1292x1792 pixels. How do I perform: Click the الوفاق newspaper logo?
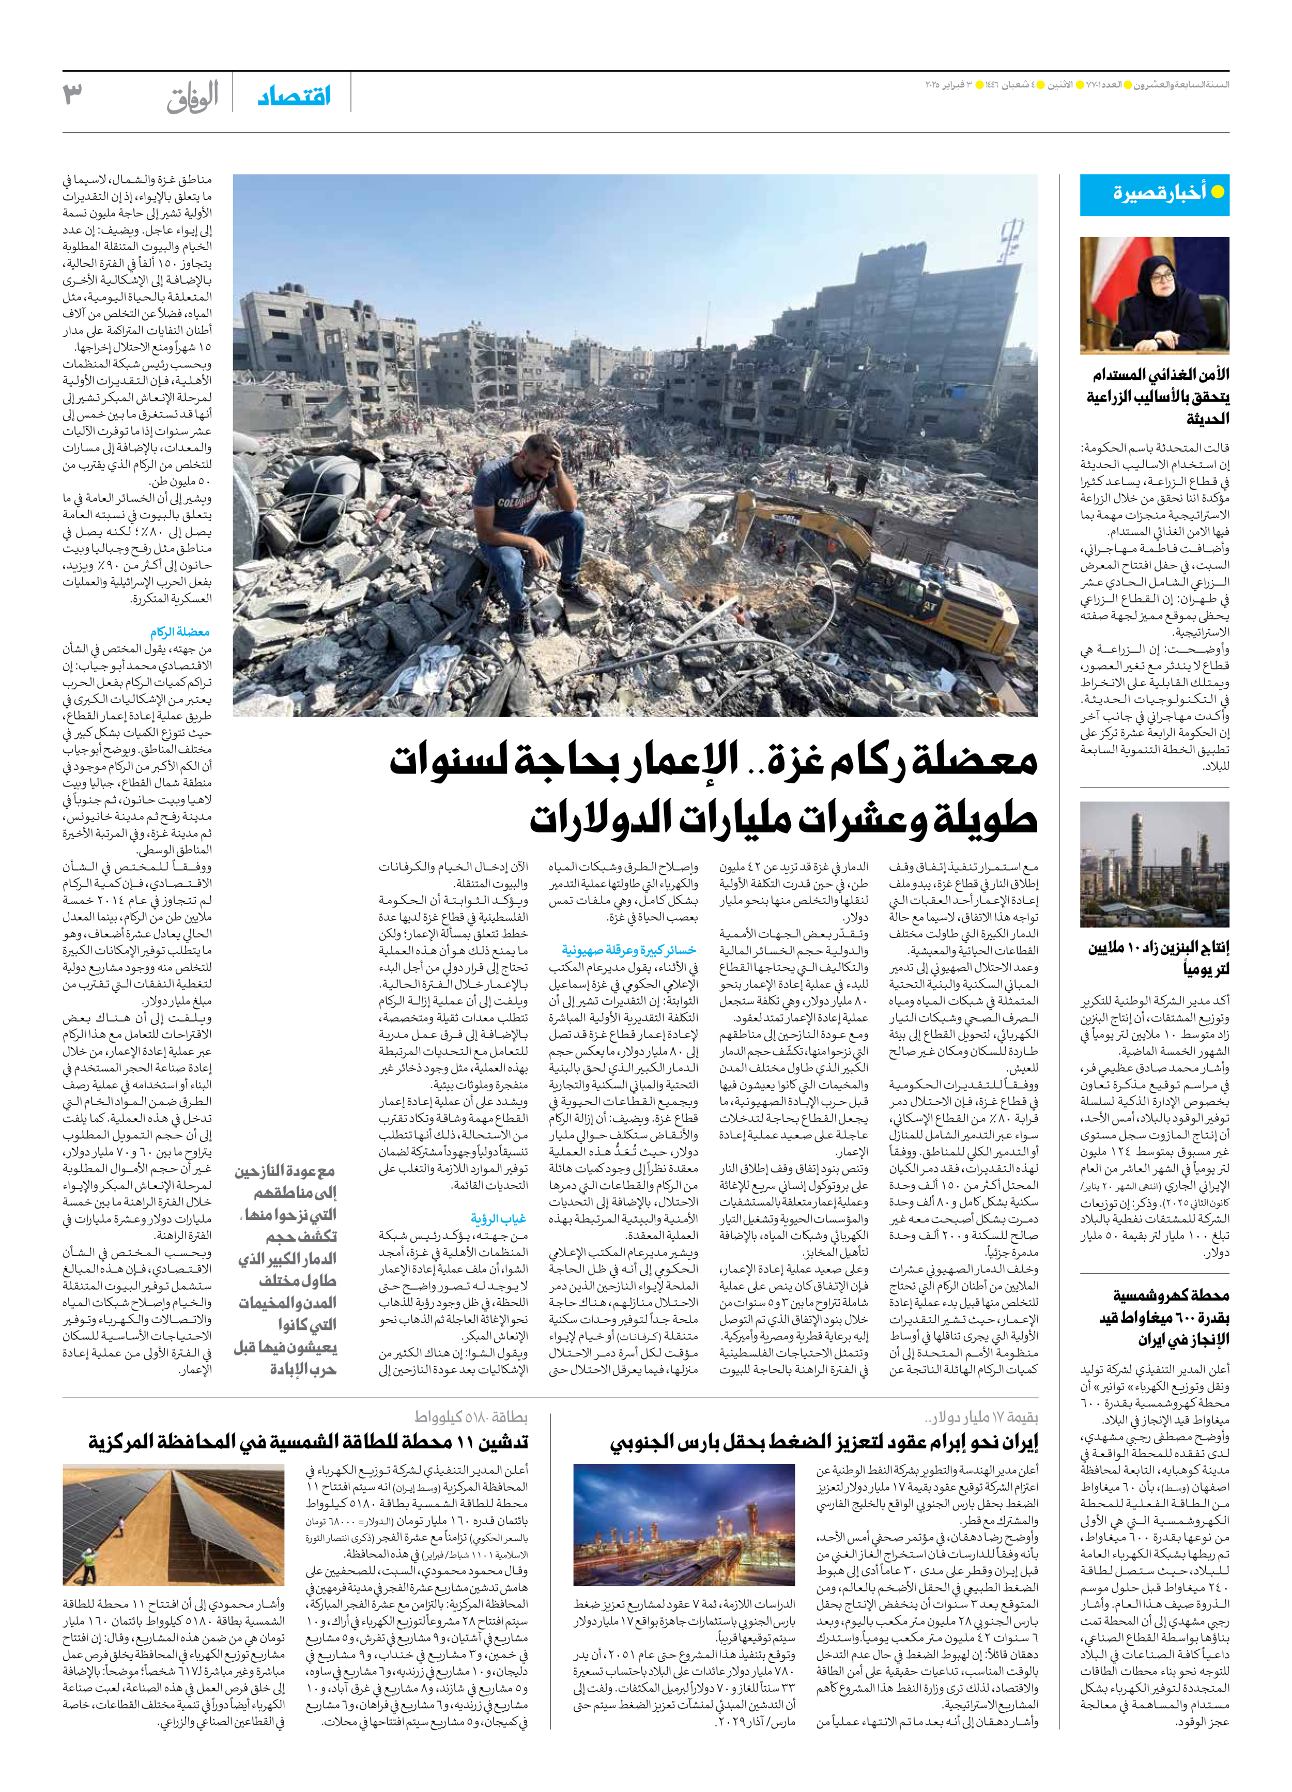[x=192, y=97]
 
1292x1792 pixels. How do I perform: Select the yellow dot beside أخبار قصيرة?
[x=1218, y=192]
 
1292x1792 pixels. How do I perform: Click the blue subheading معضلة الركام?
[x=180, y=632]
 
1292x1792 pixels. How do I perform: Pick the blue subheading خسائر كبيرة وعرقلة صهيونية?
[x=629, y=950]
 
